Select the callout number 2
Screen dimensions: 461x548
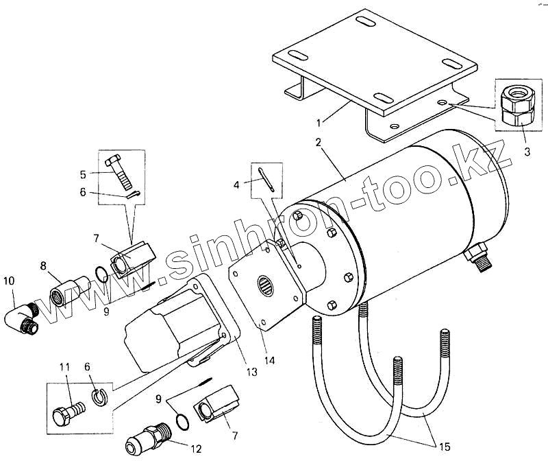click(x=319, y=142)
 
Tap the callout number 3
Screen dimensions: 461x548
click(x=527, y=152)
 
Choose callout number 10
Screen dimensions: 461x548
click(x=8, y=281)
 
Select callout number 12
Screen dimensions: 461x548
click(x=196, y=449)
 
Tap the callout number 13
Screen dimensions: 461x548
click(x=252, y=372)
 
